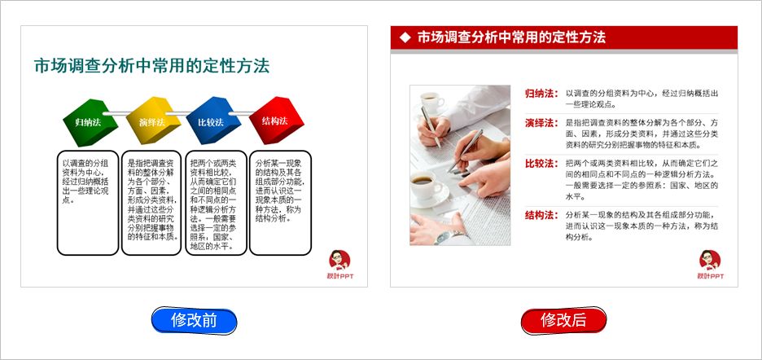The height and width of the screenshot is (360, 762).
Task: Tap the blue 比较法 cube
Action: point(210,121)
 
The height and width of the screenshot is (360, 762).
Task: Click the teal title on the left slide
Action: point(151,66)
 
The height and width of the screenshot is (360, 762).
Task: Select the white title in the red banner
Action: point(511,37)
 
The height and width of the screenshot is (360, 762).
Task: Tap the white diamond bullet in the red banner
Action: point(405,37)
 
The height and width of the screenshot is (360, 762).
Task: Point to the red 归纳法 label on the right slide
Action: point(541,94)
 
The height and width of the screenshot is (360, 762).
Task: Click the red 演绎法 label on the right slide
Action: point(541,123)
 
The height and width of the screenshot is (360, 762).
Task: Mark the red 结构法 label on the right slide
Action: point(541,216)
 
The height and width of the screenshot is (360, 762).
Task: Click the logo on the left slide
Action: point(339,266)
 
